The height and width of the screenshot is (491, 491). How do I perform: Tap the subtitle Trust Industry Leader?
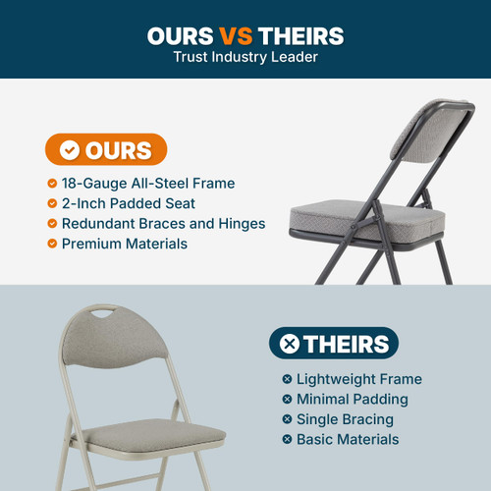[245, 58]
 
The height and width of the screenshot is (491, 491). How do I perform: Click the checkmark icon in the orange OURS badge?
[70, 150]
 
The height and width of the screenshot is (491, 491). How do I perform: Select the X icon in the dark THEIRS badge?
[290, 344]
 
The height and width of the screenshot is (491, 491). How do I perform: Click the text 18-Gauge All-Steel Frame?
[147, 184]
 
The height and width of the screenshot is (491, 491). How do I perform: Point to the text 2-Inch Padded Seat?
[128, 203]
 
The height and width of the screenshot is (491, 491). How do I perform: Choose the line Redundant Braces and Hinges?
[163, 223]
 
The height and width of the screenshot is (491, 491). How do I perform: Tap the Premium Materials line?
[124, 243]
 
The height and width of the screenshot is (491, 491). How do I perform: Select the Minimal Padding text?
[352, 399]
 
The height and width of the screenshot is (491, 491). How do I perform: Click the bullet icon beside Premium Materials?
[51, 243]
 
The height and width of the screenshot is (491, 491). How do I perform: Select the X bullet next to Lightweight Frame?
[287, 379]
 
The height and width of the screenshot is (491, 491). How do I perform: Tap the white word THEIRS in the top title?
[300, 35]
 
